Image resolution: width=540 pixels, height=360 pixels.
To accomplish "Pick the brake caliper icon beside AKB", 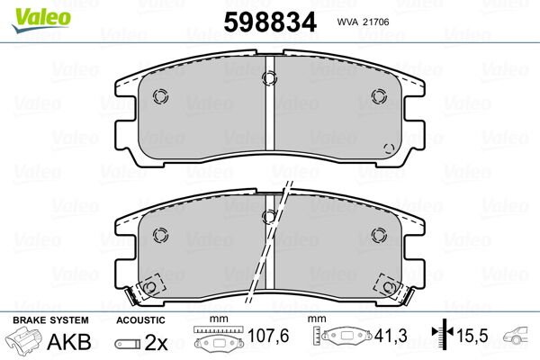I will click(23, 343).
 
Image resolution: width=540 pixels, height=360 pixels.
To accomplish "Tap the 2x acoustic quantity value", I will click(155, 344).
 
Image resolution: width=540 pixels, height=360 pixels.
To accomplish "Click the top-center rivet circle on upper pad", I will click(270, 77).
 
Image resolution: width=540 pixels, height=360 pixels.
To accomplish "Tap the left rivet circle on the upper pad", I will click(161, 97).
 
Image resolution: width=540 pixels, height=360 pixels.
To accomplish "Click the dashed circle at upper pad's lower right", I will click(389, 148).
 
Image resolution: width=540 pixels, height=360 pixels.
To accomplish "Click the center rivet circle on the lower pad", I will click(269, 216).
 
